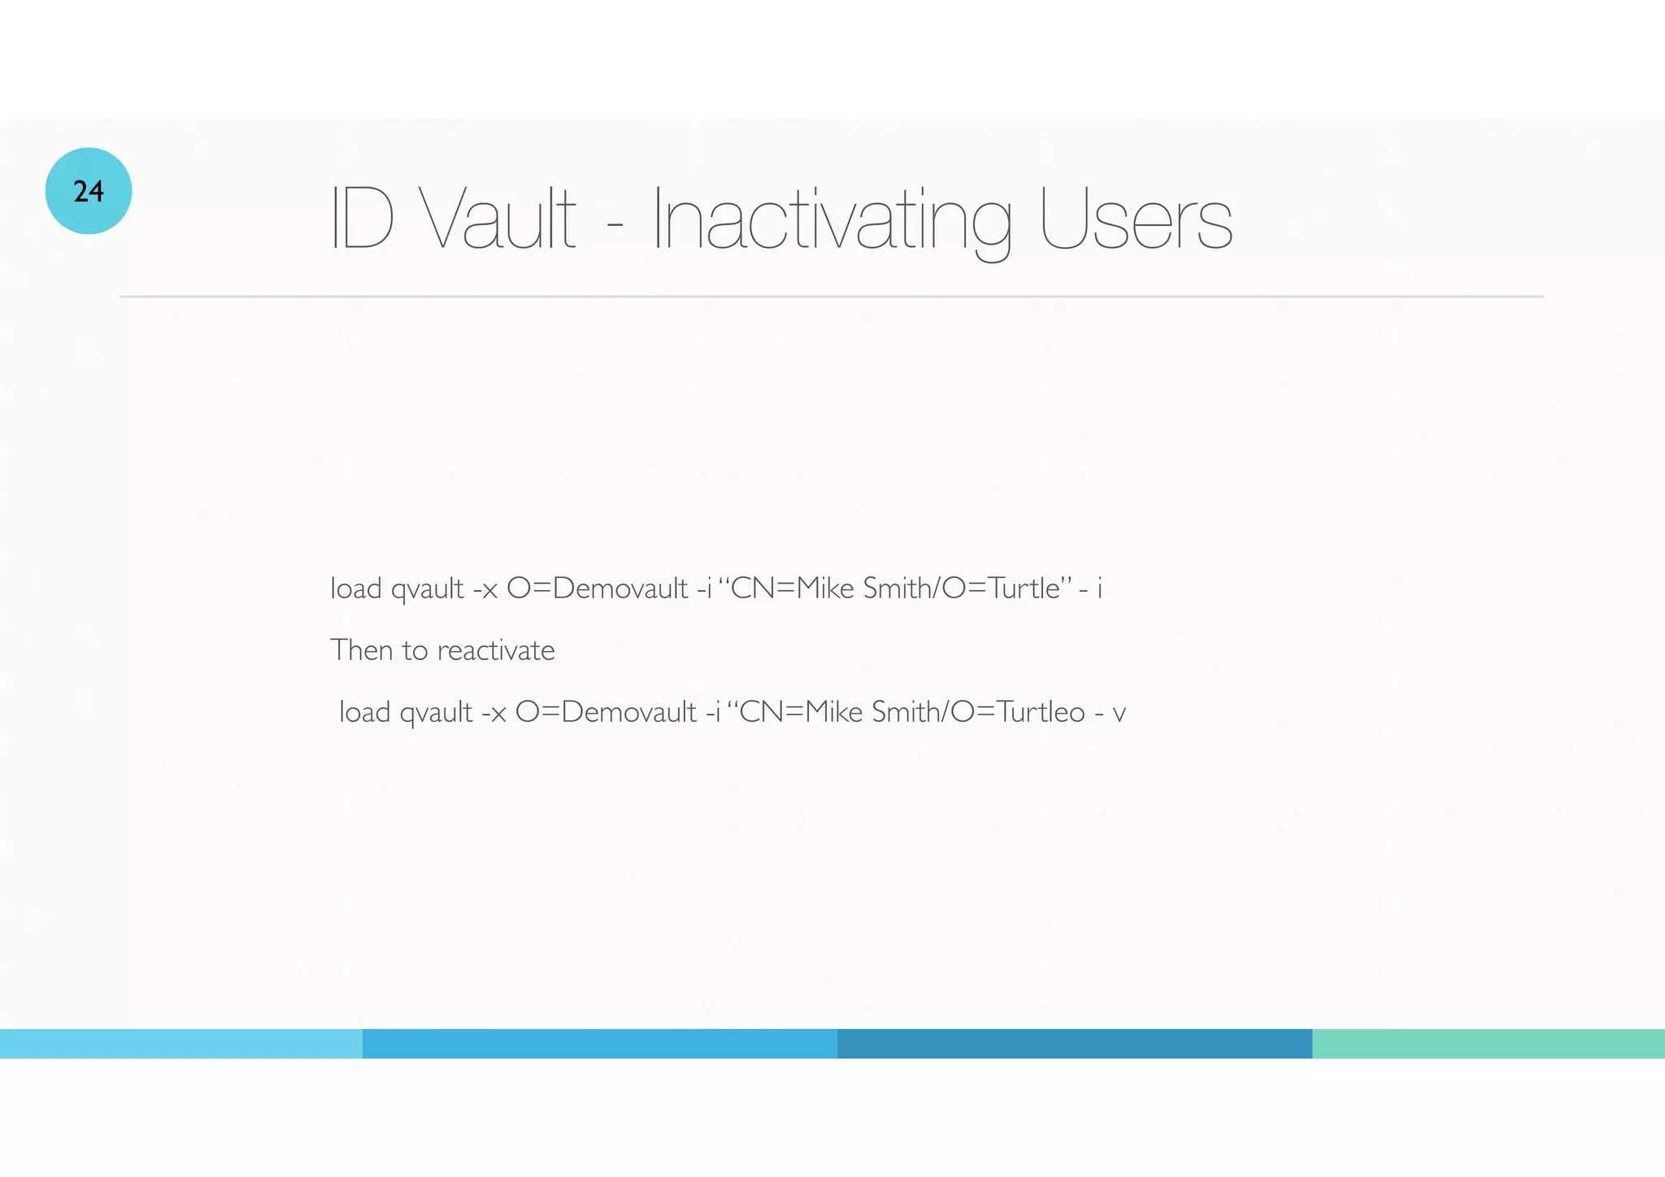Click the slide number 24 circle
point(89,191)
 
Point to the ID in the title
point(362,218)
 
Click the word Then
point(361,650)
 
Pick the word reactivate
point(496,651)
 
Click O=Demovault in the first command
point(597,588)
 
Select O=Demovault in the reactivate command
point(606,712)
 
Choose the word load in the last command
point(364,712)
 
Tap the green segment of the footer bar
point(1488,1044)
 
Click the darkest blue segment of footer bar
point(1074,1044)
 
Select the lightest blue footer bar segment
point(180,1044)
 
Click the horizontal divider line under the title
point(832,297)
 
